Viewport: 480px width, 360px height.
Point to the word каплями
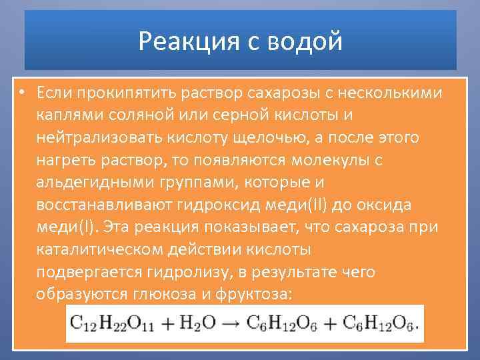click(x=67, y=115)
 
